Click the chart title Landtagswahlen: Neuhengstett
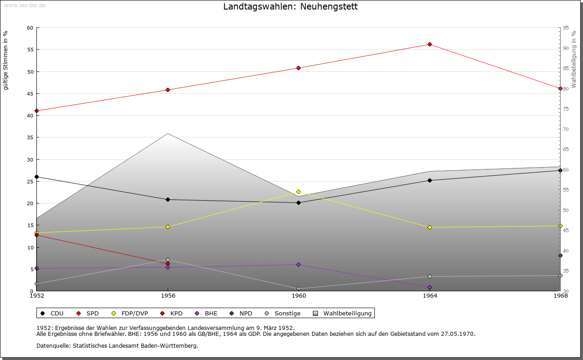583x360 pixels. click(290, 7)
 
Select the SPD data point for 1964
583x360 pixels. click(430, 44)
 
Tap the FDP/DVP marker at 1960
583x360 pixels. click(299, 192)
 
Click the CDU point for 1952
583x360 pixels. click(36, 177)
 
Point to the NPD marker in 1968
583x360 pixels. click(560, 255)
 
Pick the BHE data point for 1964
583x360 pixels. click(430, 287)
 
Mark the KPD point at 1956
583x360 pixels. click(168, 264)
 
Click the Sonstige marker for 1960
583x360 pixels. click(299, 289)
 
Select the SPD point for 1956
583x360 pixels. click(168, 90)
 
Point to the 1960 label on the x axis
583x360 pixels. click(299, 296)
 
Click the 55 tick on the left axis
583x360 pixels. click(30, 50)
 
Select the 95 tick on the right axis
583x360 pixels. click(566, 28)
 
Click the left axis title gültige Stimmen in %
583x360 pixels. click(6, 61)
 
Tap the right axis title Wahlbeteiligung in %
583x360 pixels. click(574, 60)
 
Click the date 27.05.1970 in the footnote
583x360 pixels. click(457, 334)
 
